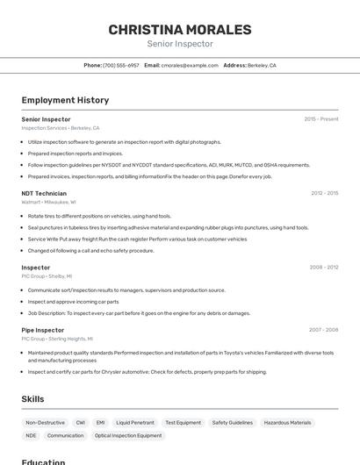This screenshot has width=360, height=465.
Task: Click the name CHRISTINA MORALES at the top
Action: pyautogui.click(x=180, y=30)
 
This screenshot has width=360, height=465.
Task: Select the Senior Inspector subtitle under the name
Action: pyautogui.click(x=180, y=44)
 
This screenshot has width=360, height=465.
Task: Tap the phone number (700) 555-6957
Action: pyautogui.click(x=121, y=65)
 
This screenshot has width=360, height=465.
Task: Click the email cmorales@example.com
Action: pyautogui.click(x=189, y=65)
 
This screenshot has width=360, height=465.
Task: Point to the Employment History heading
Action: pyautogui.click(x=65, y=100)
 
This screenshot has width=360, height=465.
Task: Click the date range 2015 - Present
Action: pyautogui.click(x=321, y=118)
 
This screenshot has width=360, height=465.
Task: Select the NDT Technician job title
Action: pyautogui.click(x=44, y=193)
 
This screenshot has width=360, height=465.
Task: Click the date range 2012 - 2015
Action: pyautogui.click(x=324, y=193)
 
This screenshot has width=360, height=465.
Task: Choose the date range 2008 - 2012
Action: pyautogui.click(x=324, y=267)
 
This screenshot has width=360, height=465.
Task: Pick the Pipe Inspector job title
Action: pyautogui.click(x=43, y=330)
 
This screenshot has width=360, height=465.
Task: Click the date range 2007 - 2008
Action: pyautogui.click(x=323, y=330)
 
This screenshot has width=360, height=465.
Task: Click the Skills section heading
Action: pyautogui.click(x=32, y=399)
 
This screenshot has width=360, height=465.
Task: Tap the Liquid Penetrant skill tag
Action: pyautogui.click(x=135, y=422)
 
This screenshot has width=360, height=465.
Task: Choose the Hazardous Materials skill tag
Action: pyautogui.click(x=287, y=422)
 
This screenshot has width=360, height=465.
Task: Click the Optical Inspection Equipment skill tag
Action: pyautogui.click(x=128, y=435)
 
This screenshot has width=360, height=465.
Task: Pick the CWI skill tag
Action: pyautogui.click(x=81, y=422)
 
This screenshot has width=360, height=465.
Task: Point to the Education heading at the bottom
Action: pyautogui.click(x=43, y=461)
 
